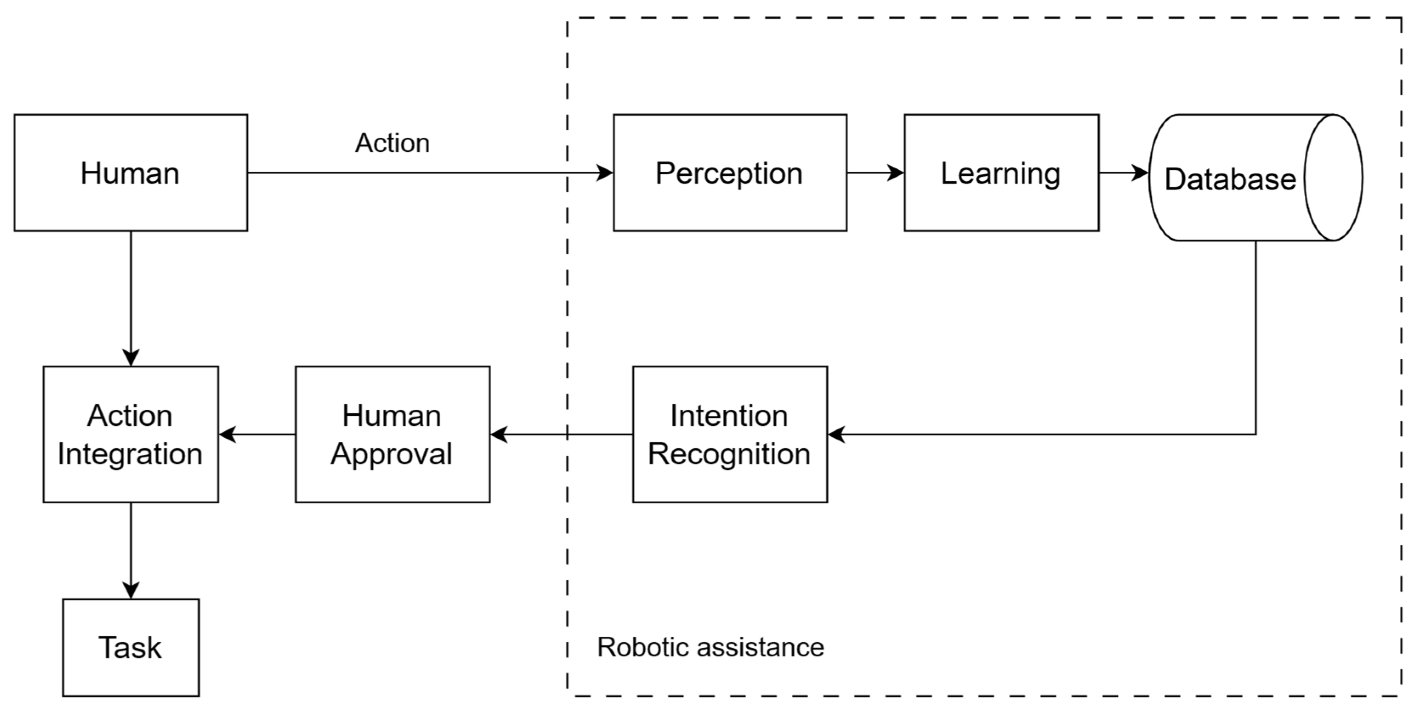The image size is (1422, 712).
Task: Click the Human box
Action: [x=131, y=173]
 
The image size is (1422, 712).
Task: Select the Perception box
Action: [x=730, y=173]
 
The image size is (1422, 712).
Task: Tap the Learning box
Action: [x=1001, y=173]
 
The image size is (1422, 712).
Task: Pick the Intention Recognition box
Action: [x=730, y=434]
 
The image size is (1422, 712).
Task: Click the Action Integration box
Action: [x=131, y=434]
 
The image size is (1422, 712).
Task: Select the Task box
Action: [x=131, y=647]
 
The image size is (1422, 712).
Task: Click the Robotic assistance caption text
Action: [x=711, y=647]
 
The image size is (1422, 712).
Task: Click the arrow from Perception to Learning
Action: [x=875, y=173]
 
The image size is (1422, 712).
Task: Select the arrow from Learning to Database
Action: [x=1123, y=173]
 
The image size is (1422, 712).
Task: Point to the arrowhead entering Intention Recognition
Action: [x=836, y=434]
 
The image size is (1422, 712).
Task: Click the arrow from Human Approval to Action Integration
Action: [x=257, y=434]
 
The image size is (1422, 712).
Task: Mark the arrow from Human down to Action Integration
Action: [x=131, y=298]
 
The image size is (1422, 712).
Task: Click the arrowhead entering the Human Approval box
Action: [x=498, y=434]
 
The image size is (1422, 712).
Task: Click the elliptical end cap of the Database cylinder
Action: [x=1333, y=178]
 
